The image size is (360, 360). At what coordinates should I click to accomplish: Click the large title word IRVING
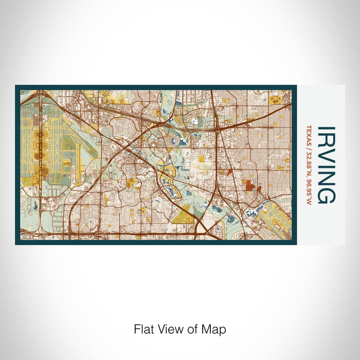pos(327,165)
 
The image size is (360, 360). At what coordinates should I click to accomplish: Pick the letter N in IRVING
pos(327,178)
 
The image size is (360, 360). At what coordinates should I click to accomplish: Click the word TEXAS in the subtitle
pos(309,135)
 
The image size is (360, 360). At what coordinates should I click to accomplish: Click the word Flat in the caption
pos(142,329)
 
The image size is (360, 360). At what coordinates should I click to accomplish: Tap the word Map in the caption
pos(217,329)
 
